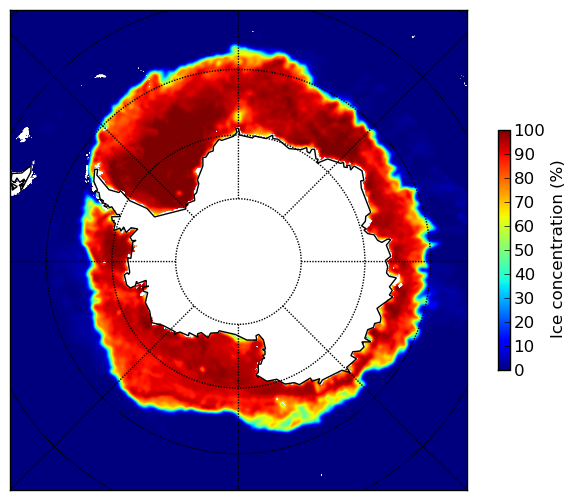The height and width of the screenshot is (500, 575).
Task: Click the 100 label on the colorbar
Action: (x=529, y=130)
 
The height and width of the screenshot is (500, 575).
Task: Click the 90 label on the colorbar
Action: (x=524, y=154)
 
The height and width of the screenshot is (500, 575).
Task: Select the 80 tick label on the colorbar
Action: (x=524, y=178)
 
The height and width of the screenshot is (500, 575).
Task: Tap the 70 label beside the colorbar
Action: (x=524, y=202)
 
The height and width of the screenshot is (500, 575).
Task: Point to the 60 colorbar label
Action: (x=524, y=226)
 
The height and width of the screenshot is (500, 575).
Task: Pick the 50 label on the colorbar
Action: (x=524, y=250)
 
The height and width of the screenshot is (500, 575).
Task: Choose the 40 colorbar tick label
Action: (x=524, y=274)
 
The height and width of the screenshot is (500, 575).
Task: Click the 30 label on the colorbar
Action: (x=524, y=298)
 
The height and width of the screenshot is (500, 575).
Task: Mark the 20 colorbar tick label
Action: (x=524, y=322)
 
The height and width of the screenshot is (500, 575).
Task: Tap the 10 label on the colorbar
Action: (x=524, y=346)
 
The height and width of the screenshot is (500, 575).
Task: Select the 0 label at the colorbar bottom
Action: (x=519, y=370)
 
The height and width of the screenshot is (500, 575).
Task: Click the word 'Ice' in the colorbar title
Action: (x=556, y=329)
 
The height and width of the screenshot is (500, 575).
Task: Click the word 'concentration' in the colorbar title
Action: (x=556, y=256)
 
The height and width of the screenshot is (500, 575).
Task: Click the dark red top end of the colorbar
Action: (x=504, y=133)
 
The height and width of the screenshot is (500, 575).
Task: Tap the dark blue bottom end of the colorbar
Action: (x=504, y=368)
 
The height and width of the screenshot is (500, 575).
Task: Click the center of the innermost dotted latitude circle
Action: (x=238, y=262)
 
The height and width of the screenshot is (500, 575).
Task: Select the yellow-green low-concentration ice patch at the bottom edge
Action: (x=290, y=416)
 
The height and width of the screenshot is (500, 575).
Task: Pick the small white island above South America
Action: (x=24, y=134)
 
